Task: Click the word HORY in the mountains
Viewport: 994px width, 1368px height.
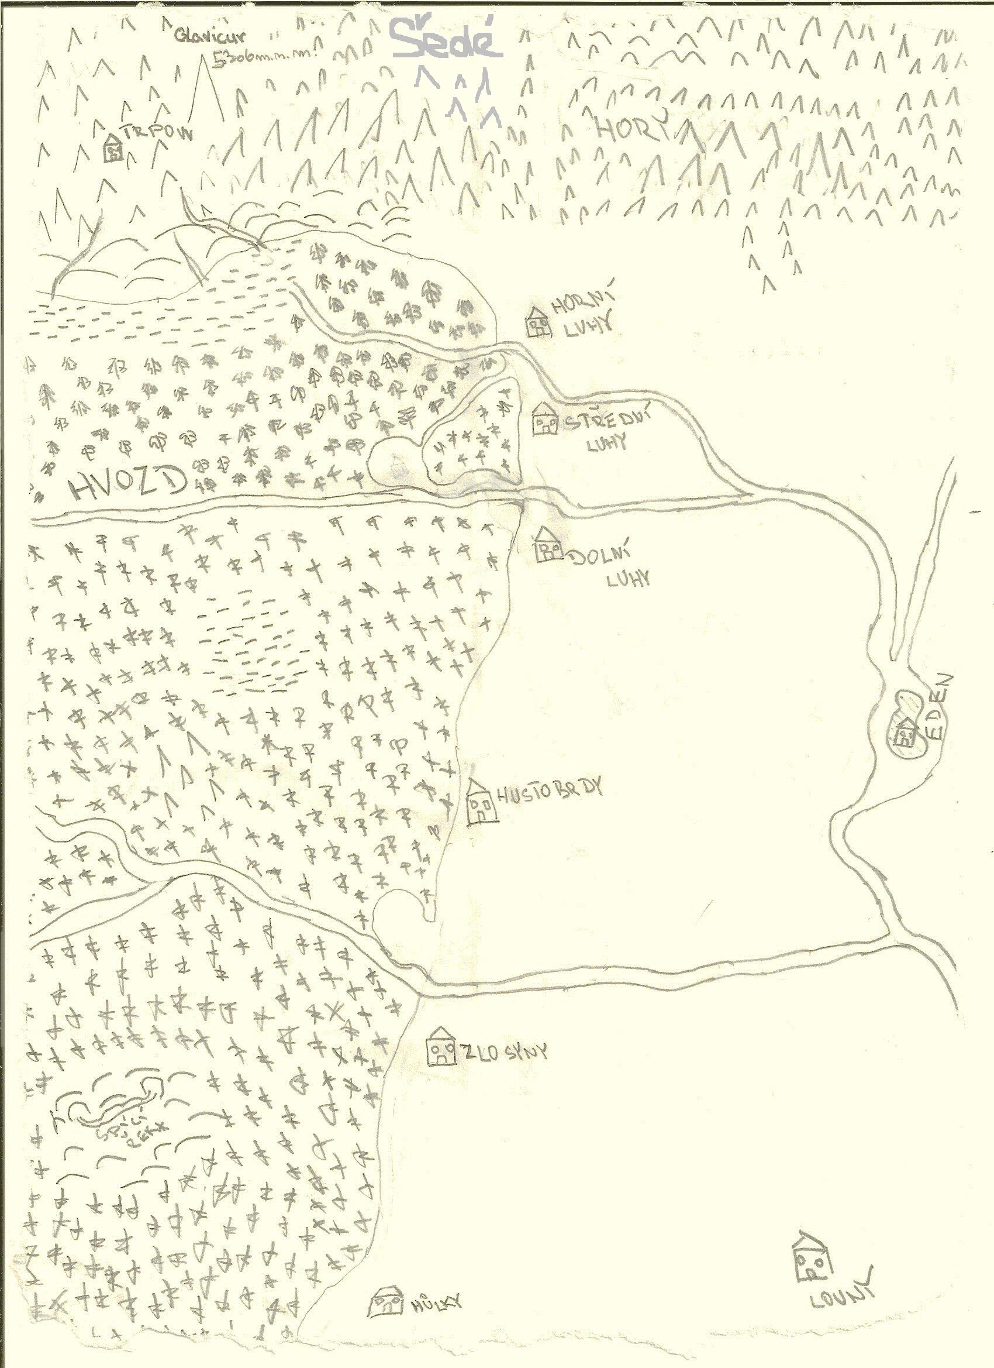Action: [x=627, y=126]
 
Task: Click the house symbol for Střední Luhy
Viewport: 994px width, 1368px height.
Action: [x=546, y=420]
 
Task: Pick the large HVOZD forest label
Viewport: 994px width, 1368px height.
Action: [x=126, y=485]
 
